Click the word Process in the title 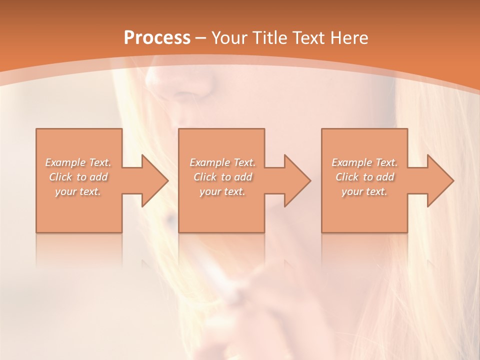point(157,38)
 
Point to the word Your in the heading point(229,38)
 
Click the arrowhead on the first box point(153,180)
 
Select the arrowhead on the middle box point(295,180)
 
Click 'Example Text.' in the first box point(78,162)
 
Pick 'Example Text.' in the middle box point(222,162)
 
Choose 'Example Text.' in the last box point(364,162)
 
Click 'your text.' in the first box point(78,191)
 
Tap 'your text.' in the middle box point(222,191)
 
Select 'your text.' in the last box point(364,191)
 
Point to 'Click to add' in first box point(78,177)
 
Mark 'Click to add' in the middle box point(222,177)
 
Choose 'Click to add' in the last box point(364,177)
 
